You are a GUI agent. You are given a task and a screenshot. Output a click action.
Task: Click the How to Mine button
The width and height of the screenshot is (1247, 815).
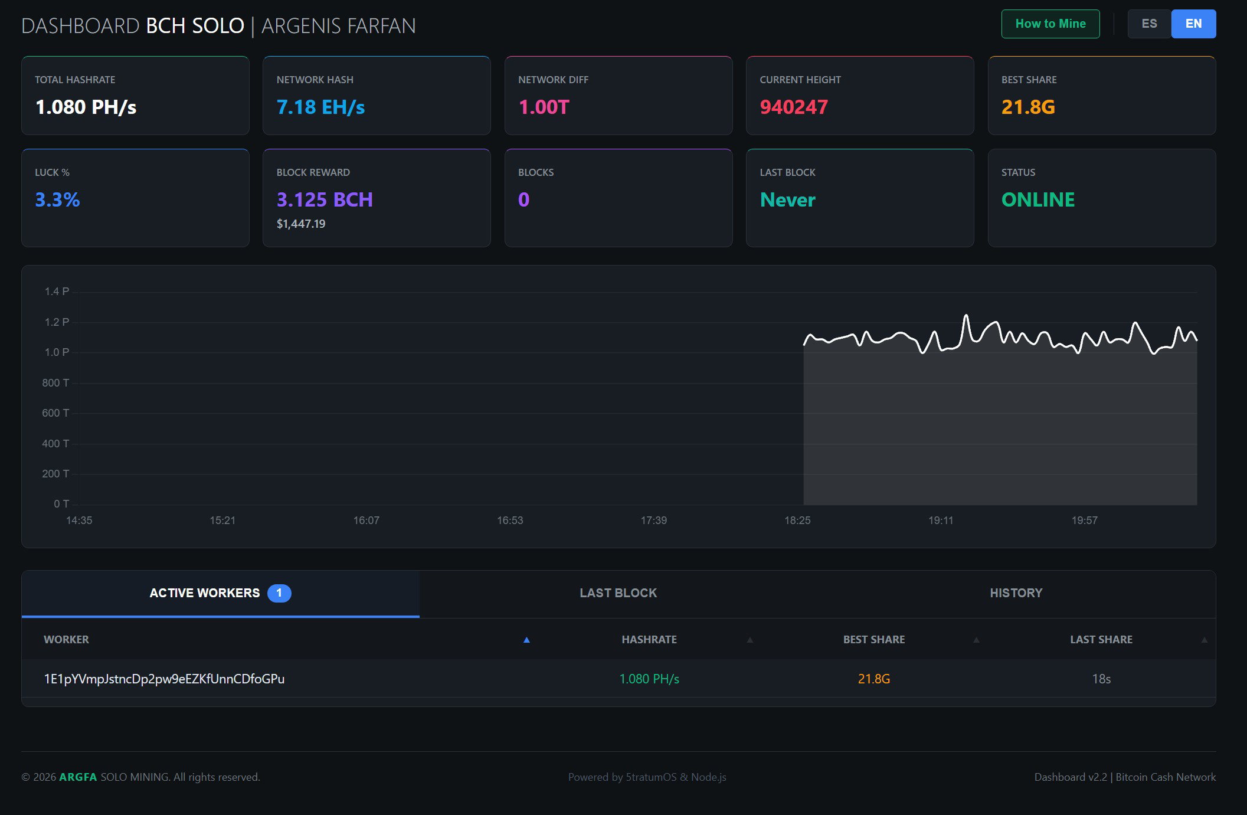click(1050, 24)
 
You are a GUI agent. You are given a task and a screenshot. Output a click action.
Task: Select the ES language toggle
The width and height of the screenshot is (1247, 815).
click(1149, 24)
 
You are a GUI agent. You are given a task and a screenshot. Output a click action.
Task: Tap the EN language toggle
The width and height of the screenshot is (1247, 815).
click(1193, 24)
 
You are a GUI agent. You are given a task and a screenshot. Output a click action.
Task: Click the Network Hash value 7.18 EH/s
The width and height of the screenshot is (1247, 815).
click(320, 107)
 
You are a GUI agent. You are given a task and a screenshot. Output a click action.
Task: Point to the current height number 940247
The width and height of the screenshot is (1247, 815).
click(794, 107)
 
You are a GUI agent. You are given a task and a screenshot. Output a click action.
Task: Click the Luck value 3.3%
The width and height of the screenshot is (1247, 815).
click(57, 199)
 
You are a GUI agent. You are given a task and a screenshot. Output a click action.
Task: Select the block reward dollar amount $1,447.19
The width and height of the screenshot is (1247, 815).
click(301, 224)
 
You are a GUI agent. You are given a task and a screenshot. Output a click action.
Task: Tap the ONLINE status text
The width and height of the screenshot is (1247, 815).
click(1038, 199)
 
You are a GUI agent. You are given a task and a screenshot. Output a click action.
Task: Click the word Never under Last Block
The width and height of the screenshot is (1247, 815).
click(787, 199)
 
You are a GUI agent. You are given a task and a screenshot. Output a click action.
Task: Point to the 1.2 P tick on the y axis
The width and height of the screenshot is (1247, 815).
click(57, 322)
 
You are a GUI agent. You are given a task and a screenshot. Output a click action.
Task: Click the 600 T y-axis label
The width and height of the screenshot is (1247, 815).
click(55, 413)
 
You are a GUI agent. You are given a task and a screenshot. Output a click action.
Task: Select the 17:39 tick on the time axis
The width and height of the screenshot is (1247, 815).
click(653, 520)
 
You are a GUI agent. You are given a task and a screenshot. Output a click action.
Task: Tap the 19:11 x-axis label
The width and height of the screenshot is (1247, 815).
click(941, 520)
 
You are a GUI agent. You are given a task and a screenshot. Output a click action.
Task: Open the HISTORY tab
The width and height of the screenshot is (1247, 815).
click(1016, 593)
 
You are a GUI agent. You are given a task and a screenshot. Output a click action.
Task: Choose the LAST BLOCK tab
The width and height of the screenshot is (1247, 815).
click(618, 593)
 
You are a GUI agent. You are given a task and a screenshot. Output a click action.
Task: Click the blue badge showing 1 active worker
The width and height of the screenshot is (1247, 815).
click(279, 593)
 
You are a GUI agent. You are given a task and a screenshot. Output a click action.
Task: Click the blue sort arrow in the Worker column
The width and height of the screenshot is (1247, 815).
click(526, 640)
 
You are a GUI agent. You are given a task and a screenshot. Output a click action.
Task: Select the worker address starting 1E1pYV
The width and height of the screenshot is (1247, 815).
click(164, 679)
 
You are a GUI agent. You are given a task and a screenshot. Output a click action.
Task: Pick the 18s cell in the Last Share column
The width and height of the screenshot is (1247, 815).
click(1101, 679)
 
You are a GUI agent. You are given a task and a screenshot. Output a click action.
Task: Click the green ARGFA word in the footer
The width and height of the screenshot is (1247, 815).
click(78, 777)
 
